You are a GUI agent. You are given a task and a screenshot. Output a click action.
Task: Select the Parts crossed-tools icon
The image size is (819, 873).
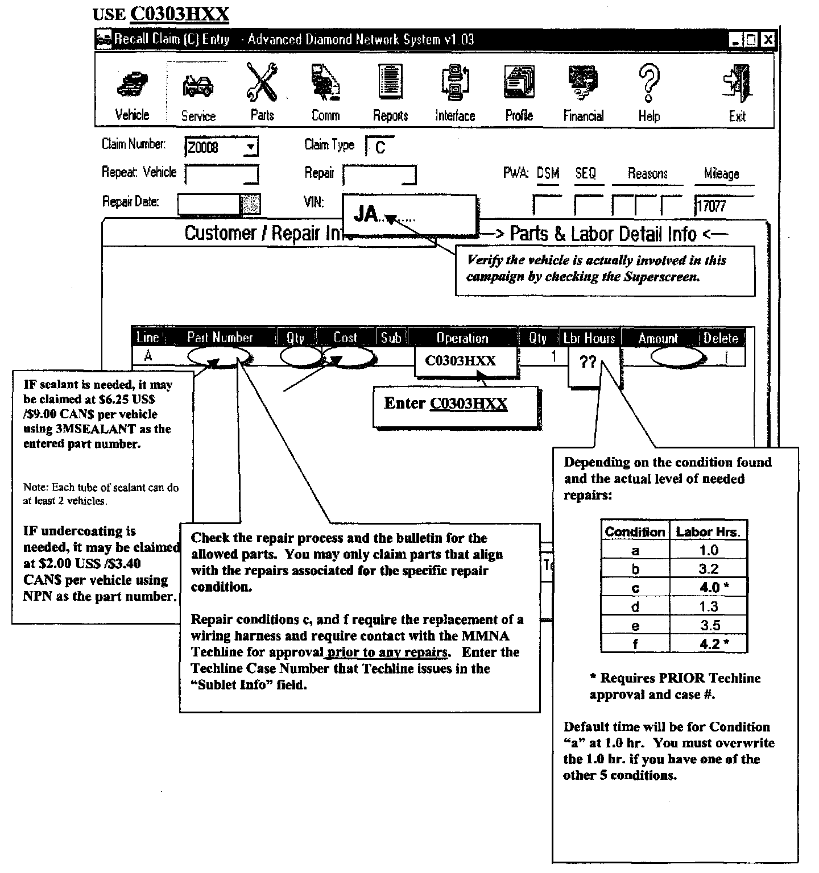click(262, 83)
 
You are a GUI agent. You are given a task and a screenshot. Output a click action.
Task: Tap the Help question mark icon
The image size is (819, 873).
click(649, 83)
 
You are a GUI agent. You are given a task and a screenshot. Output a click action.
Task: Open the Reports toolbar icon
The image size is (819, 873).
click(391, 83)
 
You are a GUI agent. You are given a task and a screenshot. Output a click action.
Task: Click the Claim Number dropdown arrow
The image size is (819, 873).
click(250, 148)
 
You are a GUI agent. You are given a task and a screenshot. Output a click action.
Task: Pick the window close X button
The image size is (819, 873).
click(768, 40)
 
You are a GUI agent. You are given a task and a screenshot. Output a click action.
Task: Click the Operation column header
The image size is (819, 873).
click(462, 338)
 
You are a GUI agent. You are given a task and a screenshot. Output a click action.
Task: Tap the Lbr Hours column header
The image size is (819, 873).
click(590, 338)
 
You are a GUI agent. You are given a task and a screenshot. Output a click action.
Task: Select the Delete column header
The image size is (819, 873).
click(721, 338)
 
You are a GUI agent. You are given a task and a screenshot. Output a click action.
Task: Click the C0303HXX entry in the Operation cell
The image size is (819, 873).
click(460, 361)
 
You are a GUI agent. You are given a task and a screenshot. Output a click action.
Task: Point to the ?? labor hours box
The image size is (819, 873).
click(588, 362)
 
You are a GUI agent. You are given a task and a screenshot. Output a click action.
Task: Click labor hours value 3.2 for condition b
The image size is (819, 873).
click(709, 569)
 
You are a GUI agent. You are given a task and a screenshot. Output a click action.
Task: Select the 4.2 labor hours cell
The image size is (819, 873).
click(709, 644)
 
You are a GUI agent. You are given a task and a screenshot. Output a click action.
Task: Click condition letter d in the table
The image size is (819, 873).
click(635, 606)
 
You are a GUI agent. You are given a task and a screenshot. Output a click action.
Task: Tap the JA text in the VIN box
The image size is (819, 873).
click(366, 214)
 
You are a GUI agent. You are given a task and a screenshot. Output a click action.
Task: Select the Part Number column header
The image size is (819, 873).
click(220, 338)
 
